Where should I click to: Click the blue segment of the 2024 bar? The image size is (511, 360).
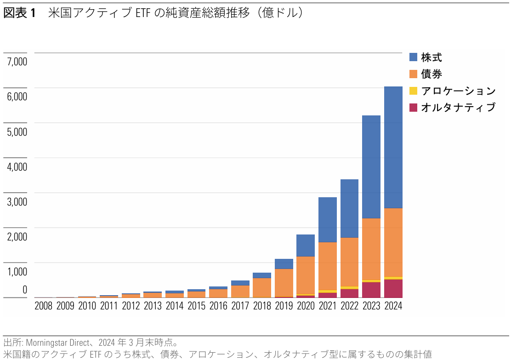coord(393,147)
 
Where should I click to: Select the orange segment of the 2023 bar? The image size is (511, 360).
coord(371,249)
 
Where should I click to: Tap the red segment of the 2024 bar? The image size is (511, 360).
coord(393,288)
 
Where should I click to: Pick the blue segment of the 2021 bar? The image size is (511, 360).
coord(327,220)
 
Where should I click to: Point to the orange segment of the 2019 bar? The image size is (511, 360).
coord(284,283)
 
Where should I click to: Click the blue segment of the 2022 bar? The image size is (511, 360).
coord(349,208)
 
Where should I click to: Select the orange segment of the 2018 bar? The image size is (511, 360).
coord(261,287)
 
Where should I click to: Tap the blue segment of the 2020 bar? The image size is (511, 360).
coord(306,246)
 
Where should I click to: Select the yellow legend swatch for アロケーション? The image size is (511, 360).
coord(413,91)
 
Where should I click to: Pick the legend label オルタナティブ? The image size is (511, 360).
coord(458,107)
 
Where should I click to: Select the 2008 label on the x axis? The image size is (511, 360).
coord(43,306)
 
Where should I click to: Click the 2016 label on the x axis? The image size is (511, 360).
coord(218,306)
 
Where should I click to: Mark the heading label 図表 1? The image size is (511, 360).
coord(19,13)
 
